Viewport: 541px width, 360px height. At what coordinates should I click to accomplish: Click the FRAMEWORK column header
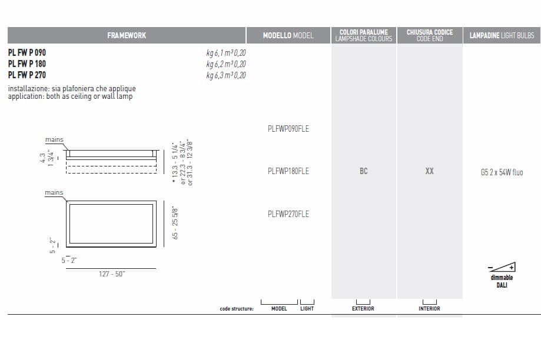[x=127, y=35]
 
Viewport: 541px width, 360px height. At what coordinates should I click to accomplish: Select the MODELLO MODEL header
[x=288, y=35]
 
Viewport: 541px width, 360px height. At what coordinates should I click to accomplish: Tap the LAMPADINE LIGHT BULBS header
[x=502, y=35]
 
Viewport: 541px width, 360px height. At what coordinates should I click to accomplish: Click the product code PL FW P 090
[x=27, y=53]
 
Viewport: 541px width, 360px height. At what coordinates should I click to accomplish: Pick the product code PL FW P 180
[x=27, y=64]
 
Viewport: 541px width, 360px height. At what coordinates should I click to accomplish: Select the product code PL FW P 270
[x=27, y=75]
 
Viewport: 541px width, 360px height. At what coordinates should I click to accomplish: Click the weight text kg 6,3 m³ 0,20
[x=226, y=75]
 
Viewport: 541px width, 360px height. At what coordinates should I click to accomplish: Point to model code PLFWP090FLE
[x=288, y=129]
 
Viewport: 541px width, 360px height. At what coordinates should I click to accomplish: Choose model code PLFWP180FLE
[x=288, y=171]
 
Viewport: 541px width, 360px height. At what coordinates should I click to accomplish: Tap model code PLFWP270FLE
[x=288, y=214]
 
